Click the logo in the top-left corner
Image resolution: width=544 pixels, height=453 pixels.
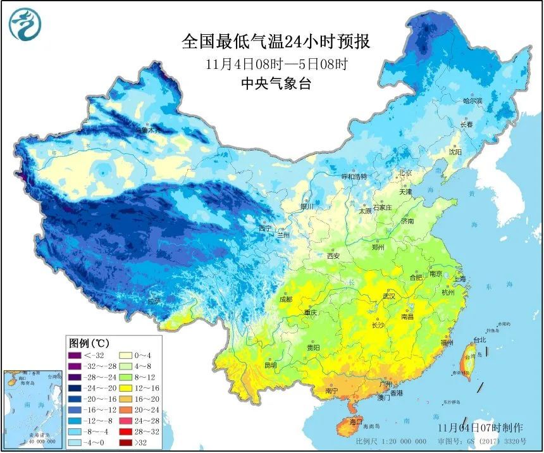coord(24,24)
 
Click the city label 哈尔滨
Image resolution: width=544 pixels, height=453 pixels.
coord(473,101)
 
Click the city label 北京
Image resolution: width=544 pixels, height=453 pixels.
coord(405,173)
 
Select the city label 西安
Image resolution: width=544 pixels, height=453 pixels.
coord(333,256)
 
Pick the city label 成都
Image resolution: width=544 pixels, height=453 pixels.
coord(285,299)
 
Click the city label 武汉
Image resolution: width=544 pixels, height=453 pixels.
coord(388,296)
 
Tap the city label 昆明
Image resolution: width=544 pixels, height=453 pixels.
coord(271,365)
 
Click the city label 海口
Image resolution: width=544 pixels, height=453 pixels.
coord(355,421)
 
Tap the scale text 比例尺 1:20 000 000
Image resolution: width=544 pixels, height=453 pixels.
coord(386,442)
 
